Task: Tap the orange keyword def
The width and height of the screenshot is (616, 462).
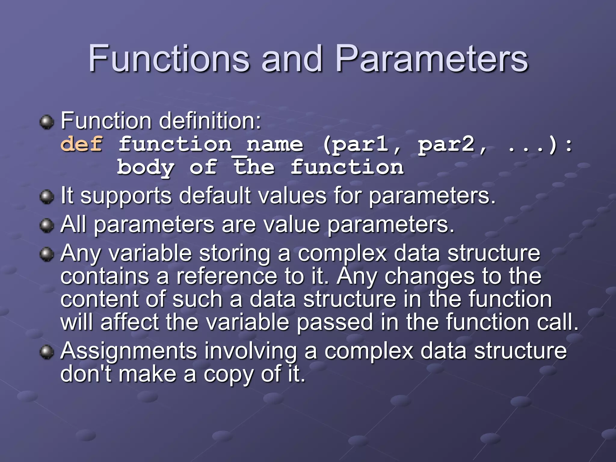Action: point(82,144)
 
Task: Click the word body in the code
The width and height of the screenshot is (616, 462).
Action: point(146,168)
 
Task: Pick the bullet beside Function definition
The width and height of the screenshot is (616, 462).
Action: point(47,122)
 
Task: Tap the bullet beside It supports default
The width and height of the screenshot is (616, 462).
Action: point(47,197)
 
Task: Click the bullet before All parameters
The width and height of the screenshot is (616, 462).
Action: point(47,226)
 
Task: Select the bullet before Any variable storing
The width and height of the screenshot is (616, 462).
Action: point(47,254)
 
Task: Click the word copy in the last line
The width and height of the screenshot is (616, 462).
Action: point(228,374)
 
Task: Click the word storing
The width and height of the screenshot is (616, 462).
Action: point(235,254)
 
